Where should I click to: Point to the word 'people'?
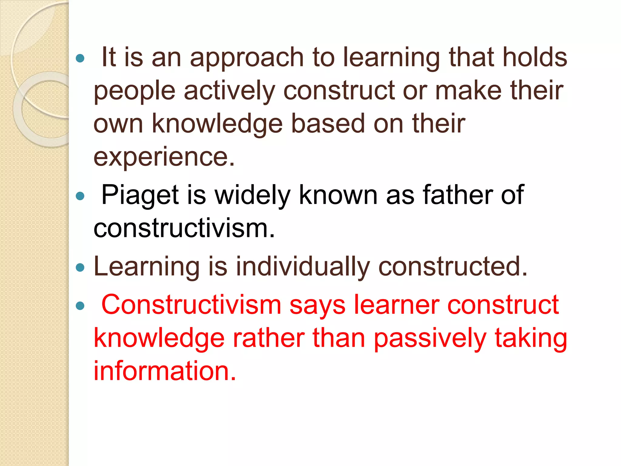135,91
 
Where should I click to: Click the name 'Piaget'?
140,195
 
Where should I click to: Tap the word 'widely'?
253,195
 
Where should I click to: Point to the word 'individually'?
303,267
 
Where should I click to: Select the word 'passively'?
430,339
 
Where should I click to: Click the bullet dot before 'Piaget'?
80,196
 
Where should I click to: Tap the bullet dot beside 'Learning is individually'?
80,268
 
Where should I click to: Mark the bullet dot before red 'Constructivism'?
80,306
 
